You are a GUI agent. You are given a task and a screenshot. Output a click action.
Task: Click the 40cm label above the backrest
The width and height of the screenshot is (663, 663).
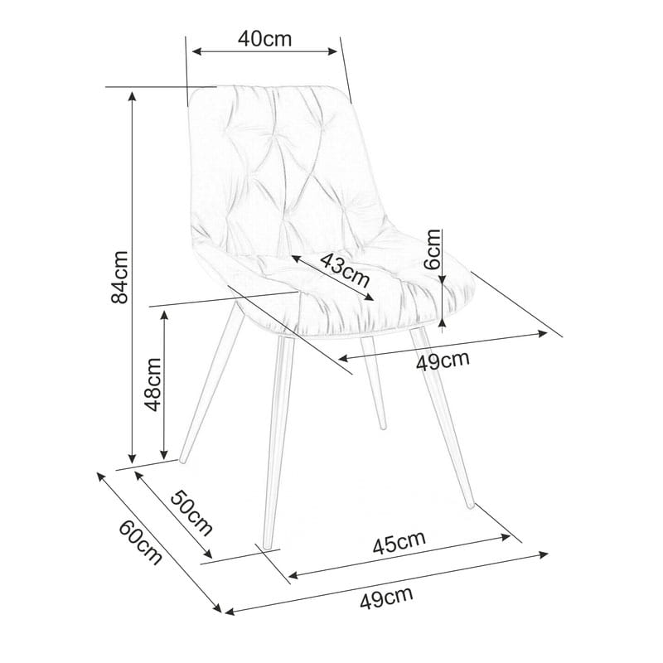click(x=264, y=38)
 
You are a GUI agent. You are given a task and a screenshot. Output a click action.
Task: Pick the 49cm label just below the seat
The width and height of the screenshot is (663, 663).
click(x=443, y=361)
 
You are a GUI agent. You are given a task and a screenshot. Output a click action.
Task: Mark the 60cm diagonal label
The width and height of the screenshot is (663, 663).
click(x=140, y=542)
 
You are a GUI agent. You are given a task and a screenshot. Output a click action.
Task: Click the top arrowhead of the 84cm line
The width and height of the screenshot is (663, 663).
click(x=132, y=95)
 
